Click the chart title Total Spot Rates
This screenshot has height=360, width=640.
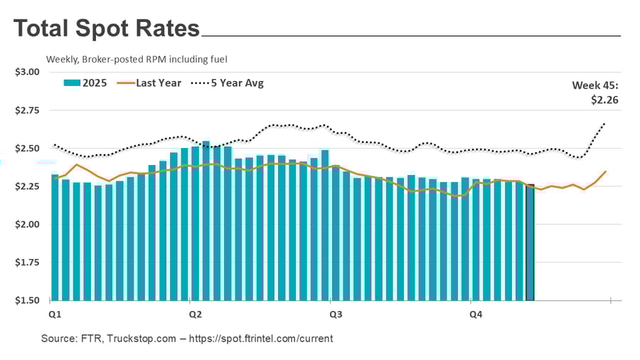107,28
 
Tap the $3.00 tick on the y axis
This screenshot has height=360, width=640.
26,72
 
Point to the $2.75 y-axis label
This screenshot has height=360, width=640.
26,110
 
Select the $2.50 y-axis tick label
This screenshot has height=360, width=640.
26,148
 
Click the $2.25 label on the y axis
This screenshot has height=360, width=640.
26,186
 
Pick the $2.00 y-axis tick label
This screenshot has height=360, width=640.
26,224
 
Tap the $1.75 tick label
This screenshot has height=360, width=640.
26,263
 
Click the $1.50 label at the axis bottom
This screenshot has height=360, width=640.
26,300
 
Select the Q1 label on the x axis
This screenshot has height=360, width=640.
54,313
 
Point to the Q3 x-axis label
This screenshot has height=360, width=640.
332,313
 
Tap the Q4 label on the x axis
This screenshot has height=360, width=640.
472,313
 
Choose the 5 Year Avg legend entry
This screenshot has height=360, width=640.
228,83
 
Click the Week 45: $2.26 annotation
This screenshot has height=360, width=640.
595,92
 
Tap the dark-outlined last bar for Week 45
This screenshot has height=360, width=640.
530,242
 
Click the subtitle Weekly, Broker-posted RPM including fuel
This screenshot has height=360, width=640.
137,59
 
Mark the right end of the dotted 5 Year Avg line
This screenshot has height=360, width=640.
605,123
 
